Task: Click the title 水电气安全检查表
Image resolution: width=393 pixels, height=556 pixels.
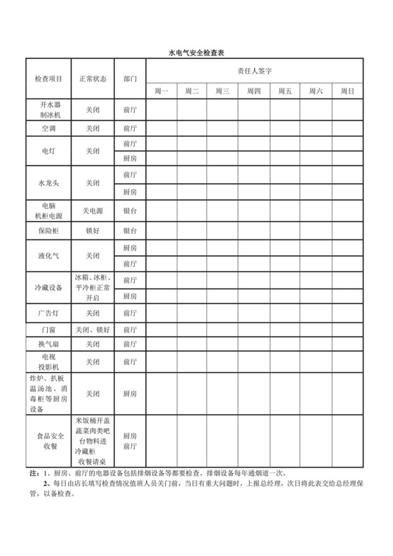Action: (x=196, y=53)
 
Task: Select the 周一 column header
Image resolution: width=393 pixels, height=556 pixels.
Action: (x=161, y=91)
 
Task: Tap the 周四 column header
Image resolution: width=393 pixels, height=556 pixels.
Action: (x=254, y=91)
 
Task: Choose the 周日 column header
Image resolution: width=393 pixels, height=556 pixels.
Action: (x=347, y=91)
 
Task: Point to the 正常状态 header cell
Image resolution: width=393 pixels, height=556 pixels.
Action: (x=93, y=80)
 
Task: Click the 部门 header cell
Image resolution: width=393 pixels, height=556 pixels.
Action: (x=130, y=80)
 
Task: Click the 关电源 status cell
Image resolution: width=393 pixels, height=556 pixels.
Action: (x=93, y=211)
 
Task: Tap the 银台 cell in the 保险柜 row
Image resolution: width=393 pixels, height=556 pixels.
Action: (x=130, y=230)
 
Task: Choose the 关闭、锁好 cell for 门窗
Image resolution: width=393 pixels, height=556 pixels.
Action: (x=93, y=329)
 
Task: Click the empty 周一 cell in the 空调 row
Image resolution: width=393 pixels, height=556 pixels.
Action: (x=161, y=128)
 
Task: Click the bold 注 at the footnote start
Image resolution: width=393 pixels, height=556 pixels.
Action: (x=33, y=473)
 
